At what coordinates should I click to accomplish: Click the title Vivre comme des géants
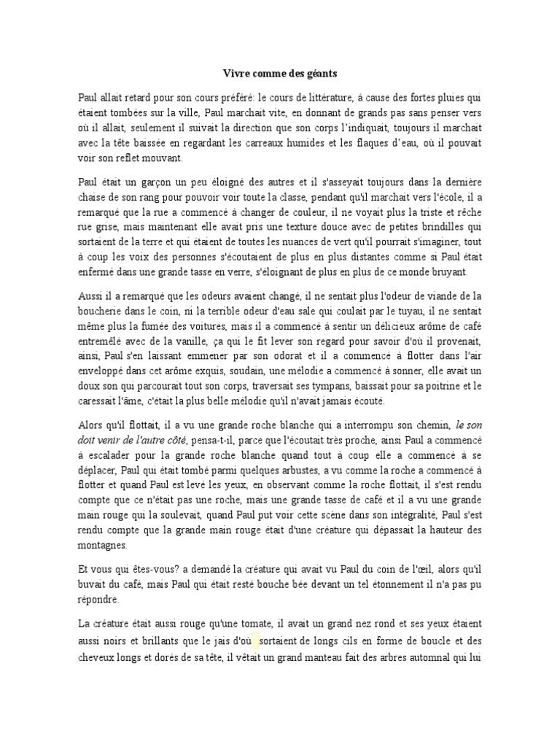[x=280, y=74]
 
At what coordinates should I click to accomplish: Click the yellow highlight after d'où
[x=256, y=641]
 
